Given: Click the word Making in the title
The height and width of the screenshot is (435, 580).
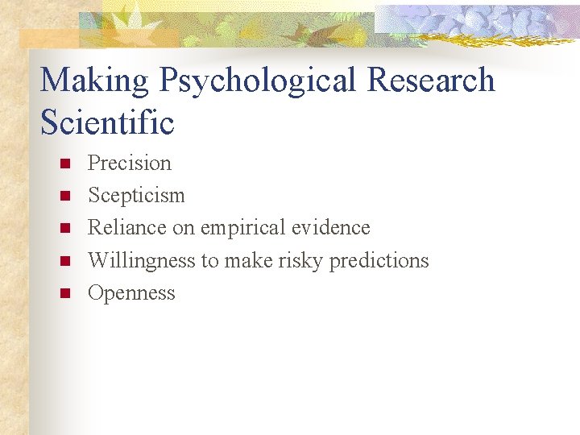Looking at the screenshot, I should coord(94,81).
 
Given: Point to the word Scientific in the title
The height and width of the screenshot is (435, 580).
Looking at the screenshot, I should coord(107,122).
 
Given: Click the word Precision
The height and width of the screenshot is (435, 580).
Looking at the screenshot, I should coord(130,163).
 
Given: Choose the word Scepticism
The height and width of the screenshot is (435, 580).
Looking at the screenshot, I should coord(136,196).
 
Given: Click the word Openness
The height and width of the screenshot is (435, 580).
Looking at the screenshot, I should coord(131,292).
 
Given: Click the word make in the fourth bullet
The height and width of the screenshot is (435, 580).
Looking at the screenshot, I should coord(250,261).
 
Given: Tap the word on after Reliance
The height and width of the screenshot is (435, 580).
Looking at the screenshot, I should coord(184,229).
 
